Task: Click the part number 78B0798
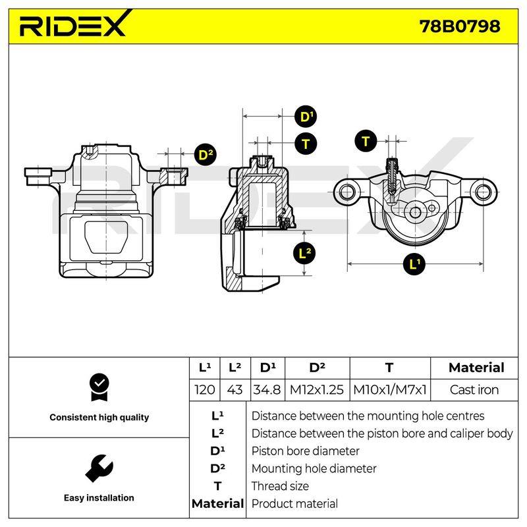pos(460,26)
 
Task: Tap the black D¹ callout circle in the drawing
pos(306,117)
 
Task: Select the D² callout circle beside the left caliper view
pos(206,155)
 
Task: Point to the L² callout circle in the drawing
pos(304,253)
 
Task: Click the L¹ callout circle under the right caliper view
pos(414,264)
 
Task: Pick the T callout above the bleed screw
pos(366,141)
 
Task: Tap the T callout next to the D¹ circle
pos(306,144)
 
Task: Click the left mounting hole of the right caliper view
pos(347,192)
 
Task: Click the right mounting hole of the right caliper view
pos(483,191)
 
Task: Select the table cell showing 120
pos(205,390)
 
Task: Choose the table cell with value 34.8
pos(267,390)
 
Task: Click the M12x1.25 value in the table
pos(317,390)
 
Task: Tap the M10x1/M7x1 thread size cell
pos(390,390)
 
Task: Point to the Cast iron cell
pos(474,390)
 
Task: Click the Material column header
pos(476,368)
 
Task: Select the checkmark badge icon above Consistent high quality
pos(99,387)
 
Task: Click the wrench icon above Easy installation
pos(99,468)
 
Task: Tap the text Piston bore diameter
pos(306,451)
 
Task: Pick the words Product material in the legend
pos(294,503)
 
